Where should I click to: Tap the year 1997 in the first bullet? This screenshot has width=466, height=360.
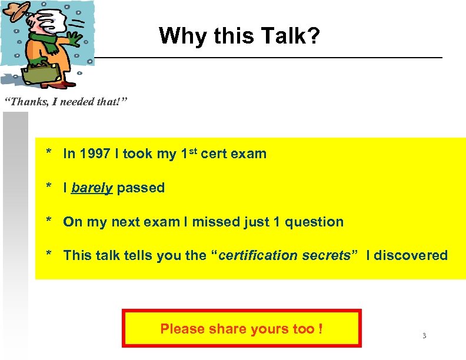pos(95,154)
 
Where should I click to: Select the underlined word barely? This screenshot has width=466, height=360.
pos(92,188)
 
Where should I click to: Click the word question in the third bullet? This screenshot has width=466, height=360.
pos(314,222)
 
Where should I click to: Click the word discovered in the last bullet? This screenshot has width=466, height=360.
pos(411,256)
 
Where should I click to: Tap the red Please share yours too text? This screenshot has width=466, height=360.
pos(241,329)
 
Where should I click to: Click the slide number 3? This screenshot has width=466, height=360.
pos(424,336)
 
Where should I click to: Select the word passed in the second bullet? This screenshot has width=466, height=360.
pos(141,188)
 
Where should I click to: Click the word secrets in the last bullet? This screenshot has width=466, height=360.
pos(329,256)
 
